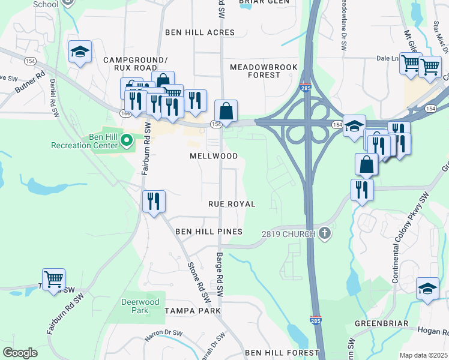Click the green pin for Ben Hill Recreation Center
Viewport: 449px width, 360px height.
126,141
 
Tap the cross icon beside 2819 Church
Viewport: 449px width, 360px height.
325,233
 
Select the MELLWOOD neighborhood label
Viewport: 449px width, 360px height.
214,156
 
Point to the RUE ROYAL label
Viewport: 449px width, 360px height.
232,205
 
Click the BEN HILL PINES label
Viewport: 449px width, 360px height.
208,232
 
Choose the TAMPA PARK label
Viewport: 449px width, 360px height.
193,311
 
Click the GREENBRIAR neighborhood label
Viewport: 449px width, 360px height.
381,323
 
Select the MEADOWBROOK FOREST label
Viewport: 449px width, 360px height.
255,71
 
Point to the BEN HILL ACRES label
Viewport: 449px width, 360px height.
200,32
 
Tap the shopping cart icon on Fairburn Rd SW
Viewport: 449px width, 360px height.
53,279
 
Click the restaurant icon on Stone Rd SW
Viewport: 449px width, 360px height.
154,200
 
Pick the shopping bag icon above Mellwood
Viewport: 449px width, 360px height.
226,111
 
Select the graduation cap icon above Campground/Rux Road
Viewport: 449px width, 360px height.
79,52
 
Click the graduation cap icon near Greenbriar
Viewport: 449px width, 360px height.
427,289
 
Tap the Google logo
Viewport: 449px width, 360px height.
20,353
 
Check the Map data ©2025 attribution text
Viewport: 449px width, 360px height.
423,355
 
